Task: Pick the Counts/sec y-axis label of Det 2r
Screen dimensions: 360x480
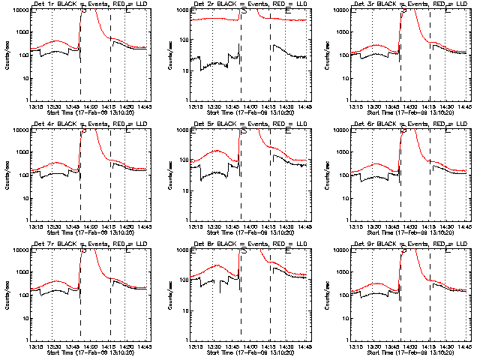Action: point(166,55)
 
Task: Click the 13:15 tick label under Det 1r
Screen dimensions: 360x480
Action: point(35,106)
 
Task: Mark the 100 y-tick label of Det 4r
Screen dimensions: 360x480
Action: point(23,175)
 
